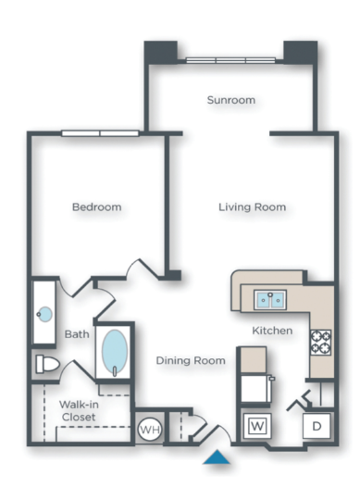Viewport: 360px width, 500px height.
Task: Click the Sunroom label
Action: [231, 100]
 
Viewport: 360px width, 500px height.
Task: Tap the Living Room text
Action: [252, 206]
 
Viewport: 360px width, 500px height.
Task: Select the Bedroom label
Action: [96, 207]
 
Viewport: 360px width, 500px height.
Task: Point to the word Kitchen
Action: [272, 331]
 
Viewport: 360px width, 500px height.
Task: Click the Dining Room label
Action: [190, 360]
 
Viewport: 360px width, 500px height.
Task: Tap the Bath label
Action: [76, 334]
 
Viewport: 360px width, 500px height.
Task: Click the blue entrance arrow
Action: [217, 456]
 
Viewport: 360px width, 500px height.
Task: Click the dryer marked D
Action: [315, 427]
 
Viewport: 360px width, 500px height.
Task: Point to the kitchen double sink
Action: [270, 299]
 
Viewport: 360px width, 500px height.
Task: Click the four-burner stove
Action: [320, 343]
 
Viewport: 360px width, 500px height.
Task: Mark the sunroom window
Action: [230, 61]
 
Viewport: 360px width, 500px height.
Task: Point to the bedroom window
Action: [100, 133]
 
